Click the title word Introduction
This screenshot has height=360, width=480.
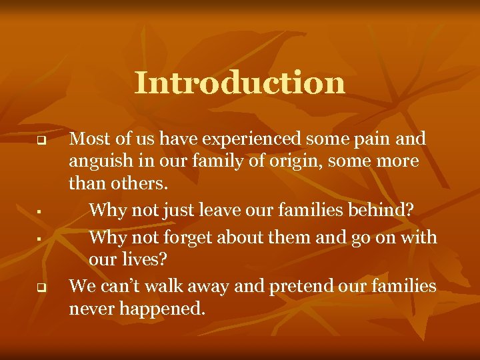click(x=240, y=83)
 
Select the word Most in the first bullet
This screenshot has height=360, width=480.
click(x=85, y=139)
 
